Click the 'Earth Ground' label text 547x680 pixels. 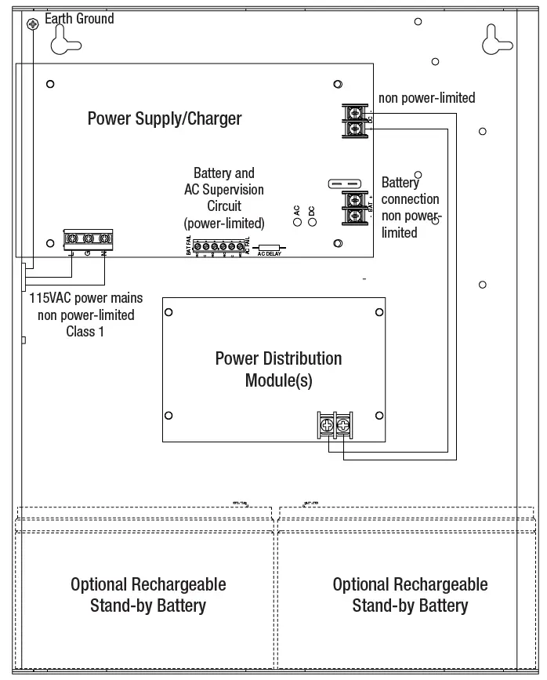(x=79, y=18)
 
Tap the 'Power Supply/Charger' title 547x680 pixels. (x=165, y=119)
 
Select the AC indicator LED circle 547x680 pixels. (x=298, y=222)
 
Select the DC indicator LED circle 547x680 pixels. (x=312, y=222)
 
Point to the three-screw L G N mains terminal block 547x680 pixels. (x=88, y=238)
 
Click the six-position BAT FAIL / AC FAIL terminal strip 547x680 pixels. (x=219, y=247)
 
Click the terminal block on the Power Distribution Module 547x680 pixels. (x=335, y=424)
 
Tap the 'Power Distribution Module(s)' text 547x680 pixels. (x=278, y=369)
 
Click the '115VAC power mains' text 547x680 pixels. (x=86, y=300)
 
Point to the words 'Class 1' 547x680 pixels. (x=85, y=330)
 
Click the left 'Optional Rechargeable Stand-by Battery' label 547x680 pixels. (x=148, y=595)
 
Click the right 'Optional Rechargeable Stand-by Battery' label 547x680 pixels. (x=410, y=595)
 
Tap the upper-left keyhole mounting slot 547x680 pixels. (x=66, y=38)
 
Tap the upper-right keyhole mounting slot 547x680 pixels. (x=496, y=38)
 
